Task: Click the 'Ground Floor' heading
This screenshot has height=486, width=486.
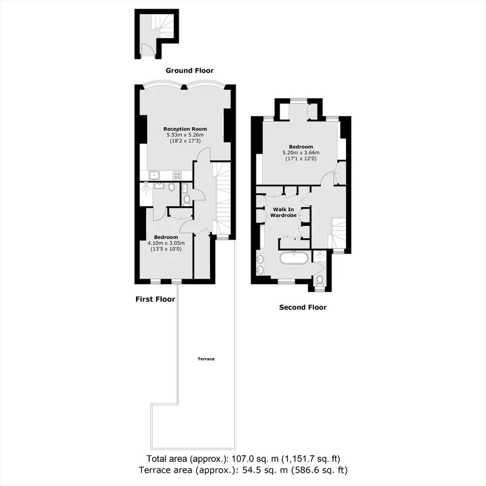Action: coord(190,71)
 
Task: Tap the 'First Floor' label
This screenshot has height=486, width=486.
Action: coord(156,299)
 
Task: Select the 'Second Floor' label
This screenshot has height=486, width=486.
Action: coord(303,307)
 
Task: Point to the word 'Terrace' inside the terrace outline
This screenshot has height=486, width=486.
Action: coord(206,359)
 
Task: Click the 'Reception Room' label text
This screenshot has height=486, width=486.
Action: coord(185,129)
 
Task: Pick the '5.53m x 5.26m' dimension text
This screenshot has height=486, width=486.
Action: coord(185,135)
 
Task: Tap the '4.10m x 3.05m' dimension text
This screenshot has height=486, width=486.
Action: coord(166,243)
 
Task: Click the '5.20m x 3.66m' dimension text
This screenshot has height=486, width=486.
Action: coord(301,152)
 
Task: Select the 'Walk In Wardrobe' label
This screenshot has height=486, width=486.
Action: coord(283,212)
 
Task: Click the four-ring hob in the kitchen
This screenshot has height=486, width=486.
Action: coord(177,175)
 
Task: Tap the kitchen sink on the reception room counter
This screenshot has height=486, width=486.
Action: coord(154,175)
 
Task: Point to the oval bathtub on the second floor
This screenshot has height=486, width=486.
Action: coord(294,258)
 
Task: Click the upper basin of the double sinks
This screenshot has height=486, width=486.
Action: coord(260,258)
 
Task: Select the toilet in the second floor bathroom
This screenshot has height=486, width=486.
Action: coord(320,280)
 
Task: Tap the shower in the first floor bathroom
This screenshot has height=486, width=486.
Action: coord(146,194)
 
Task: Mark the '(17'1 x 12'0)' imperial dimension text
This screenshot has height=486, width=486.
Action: coord(301,159)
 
